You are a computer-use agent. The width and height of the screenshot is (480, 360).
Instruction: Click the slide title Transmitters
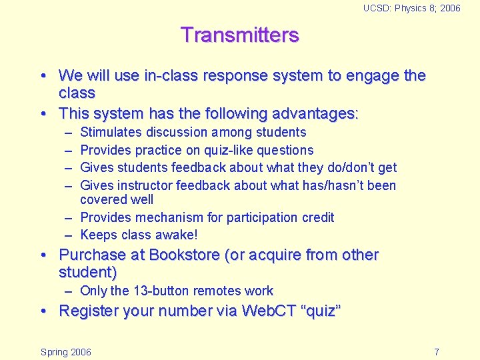[x=239, y=35]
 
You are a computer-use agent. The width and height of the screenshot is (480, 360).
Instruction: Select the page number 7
[x=436, y=352]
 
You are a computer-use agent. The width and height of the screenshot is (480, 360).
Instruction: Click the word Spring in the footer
[x=53, y=352]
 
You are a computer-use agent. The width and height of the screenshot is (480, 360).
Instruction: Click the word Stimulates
[x=111, y=133]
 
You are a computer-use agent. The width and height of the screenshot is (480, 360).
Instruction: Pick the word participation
[x=253, y=217]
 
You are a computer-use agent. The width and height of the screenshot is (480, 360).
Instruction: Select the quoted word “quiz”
[x=322, y=311]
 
